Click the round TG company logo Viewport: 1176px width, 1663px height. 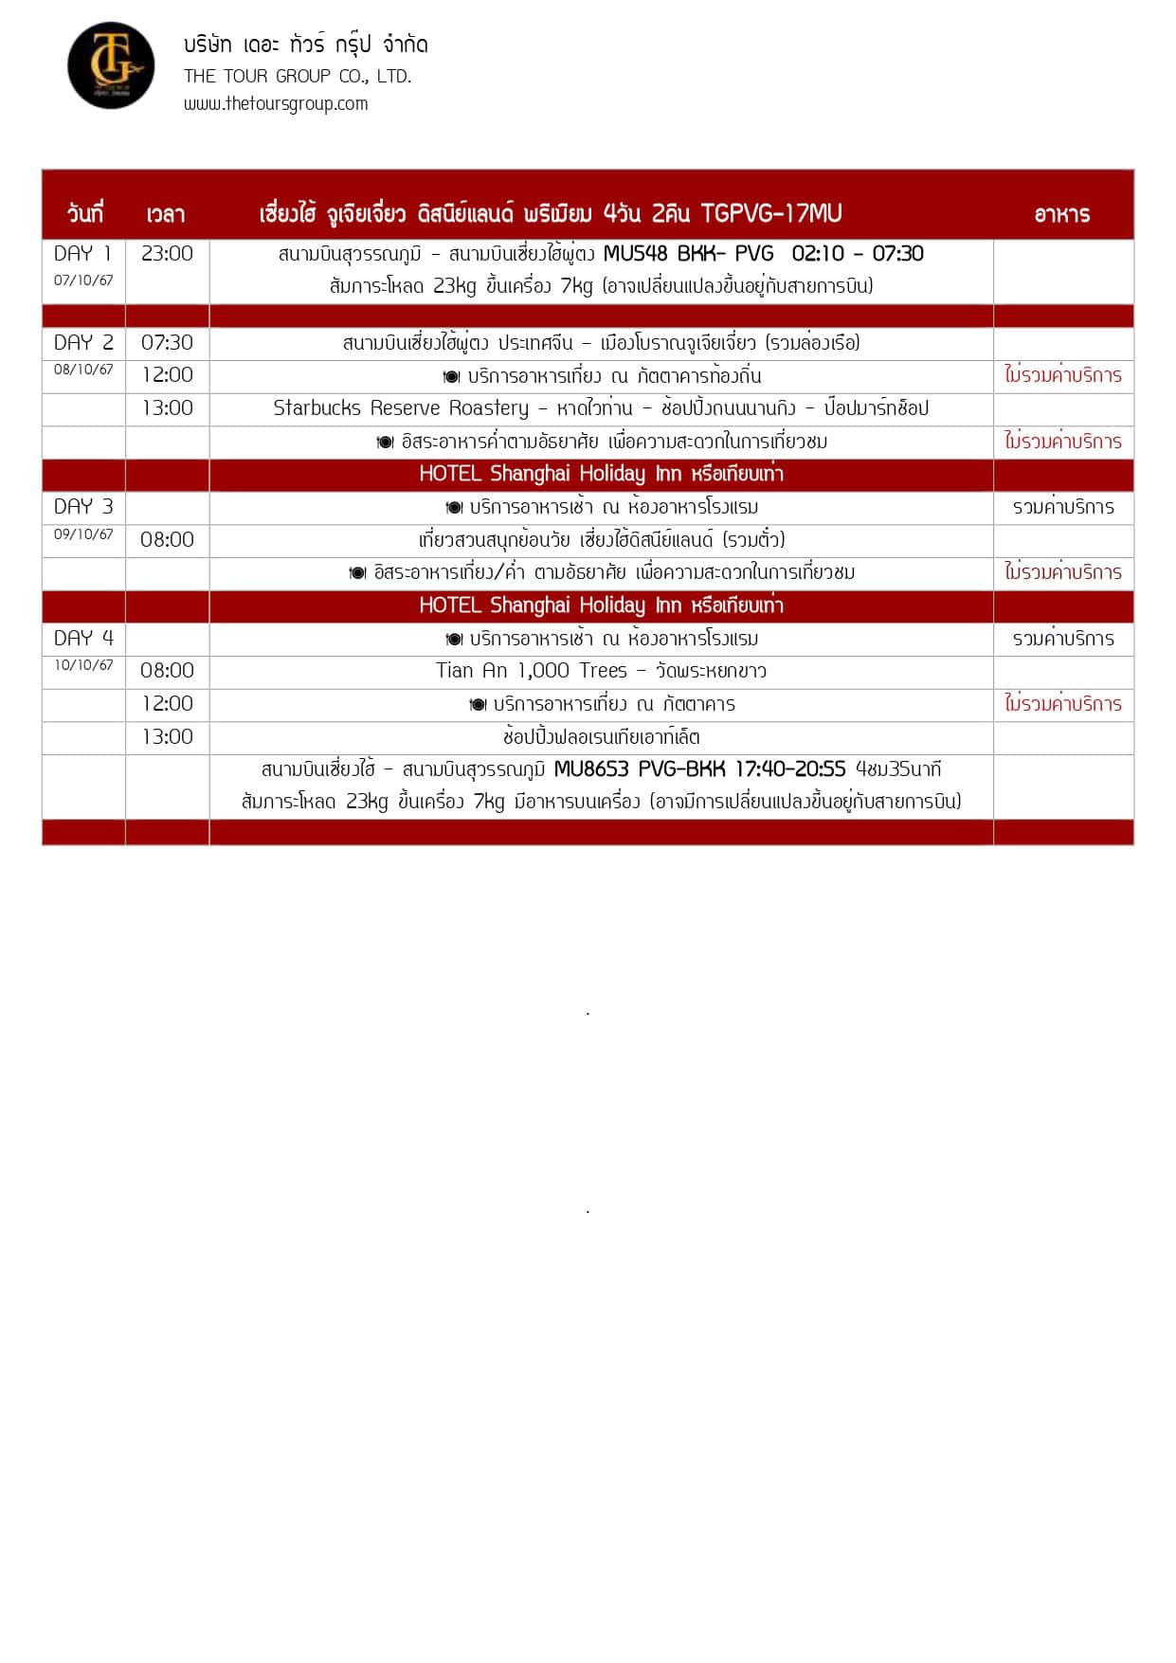pyautogui.click(x=111, y=65)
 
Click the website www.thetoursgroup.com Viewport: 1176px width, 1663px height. pyautogui.click(x=276, y=103)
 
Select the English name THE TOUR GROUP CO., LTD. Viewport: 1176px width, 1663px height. pyautogui.click(x=298, y=76)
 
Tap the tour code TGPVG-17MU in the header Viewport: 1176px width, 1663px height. pyautogui.click(x=770, y=213)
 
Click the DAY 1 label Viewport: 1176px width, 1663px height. pyautogui.click(x=82, y=253)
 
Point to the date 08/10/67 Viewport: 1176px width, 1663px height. pyautogui.click(x=83, y=370)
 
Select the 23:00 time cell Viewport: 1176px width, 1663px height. pyautogui.click(x=167, y=253)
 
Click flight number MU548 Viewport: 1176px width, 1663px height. pyautogui.click(x=635, y=253)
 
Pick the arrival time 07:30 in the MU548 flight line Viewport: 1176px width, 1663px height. pyautogui.click(x=897, y=253)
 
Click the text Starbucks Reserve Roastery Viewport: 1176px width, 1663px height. pyautogui.click(x=401, y=407)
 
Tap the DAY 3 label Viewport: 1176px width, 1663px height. pyautogui.click(x=83, y=506)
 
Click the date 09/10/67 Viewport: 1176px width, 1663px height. pyautogui.click(x=83, y=534)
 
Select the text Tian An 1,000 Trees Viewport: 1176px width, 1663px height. pyautogui.click(x=531, y=670)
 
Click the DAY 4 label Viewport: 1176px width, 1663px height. pyautogui.click(x=83, y=638)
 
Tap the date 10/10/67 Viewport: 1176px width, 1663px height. pyautogui.click(x=83, y=665)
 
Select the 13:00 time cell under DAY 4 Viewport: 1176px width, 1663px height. pyautogui.click(x=167, y=736)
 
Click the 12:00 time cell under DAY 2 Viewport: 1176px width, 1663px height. pyautogui.click(x=167, y=374)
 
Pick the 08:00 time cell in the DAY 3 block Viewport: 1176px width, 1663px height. pyautogui.click(x=167, y=539)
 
